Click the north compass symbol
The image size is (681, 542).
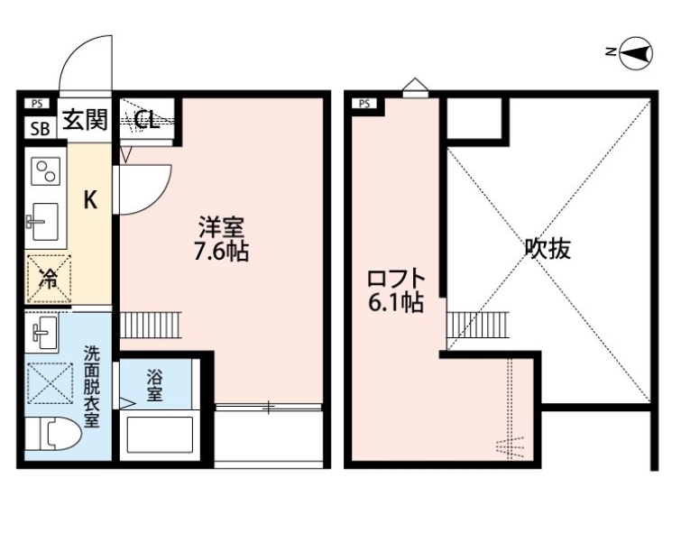636,53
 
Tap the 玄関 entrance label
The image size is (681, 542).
85,119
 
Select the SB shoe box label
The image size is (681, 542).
40,129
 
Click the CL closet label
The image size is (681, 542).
147,119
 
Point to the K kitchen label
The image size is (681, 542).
90,200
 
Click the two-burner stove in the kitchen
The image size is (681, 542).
46,171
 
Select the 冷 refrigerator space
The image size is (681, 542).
49,279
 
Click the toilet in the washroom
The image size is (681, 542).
52,434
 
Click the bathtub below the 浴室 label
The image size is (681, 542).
160,436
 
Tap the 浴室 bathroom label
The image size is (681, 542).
154,385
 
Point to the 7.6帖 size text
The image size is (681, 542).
222,251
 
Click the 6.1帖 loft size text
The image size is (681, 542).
396,302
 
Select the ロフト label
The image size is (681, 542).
396,278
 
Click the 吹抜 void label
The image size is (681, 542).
548,249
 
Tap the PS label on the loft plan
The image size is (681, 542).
364,104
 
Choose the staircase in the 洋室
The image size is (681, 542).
151,325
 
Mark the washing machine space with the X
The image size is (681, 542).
50,383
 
